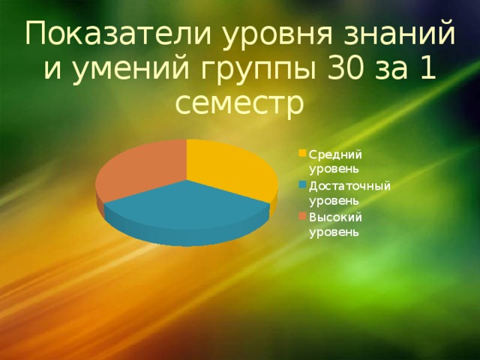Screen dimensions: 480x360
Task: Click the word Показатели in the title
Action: [x=118, y=34]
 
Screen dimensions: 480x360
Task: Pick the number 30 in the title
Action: [x=346, y=68]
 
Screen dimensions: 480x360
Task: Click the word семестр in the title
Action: [x=240, y=105]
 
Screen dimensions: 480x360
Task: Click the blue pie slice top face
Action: [x=187, y=204]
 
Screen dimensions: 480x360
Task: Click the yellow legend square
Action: [x=302, y=153]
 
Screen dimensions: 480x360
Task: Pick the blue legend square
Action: [x=302, y=184]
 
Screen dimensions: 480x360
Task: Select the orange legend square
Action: [x=302, y=216]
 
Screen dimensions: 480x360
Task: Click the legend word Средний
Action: [x=335, y=155]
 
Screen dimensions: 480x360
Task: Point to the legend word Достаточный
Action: [x=349, y=186]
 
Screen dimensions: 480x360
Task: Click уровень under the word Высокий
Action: [x=333, y=232]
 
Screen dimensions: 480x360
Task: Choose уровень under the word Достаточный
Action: [x=333, y=202]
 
